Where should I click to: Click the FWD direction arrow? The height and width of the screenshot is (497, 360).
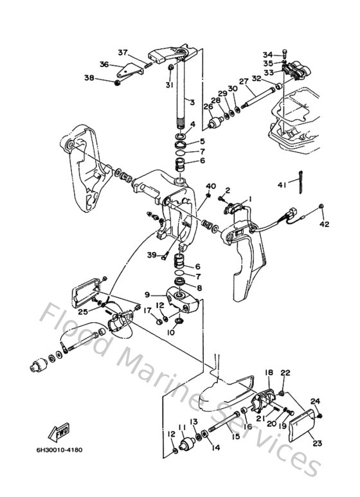60,430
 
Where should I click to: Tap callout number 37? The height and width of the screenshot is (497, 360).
123,52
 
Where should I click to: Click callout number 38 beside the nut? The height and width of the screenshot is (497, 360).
89,78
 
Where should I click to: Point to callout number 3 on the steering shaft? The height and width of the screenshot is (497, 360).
191,102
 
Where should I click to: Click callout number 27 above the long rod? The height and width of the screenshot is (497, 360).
244,82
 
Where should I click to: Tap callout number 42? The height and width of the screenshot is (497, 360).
325,225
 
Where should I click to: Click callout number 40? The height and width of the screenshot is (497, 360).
210,186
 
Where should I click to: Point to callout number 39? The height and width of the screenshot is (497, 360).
151,255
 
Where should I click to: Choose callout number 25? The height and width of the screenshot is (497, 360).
82,312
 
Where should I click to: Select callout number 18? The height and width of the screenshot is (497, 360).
269,372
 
